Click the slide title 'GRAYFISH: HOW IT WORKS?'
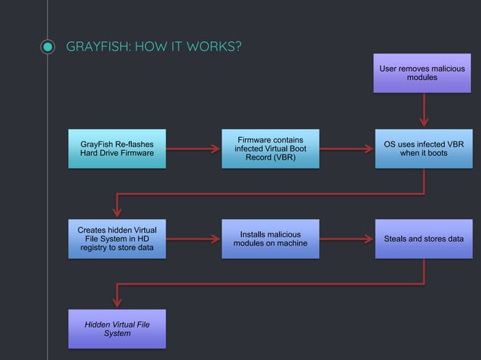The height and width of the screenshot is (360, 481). point(154,47)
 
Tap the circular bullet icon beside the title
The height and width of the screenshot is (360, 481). point(47,47)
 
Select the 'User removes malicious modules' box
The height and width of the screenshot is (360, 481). point(421,73)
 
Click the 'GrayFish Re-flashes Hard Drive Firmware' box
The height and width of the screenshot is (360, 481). point(117,148)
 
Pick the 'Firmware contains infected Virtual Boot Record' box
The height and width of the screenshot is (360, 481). point(270,148)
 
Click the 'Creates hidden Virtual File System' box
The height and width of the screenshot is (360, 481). point(117,239)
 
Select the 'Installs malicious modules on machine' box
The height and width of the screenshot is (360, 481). point(270,239)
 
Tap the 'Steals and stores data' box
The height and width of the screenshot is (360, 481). point(423,239)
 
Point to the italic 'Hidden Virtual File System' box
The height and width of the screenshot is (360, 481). point(117,328)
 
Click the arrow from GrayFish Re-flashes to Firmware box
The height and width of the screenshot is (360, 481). point(193,148)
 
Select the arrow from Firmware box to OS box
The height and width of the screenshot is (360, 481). point(346,148)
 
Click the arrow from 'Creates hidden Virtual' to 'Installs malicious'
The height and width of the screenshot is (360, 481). point(193,239)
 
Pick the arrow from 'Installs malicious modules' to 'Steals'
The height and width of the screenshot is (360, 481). point(346,239)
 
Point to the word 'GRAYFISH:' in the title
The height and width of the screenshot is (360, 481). point(96,47)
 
